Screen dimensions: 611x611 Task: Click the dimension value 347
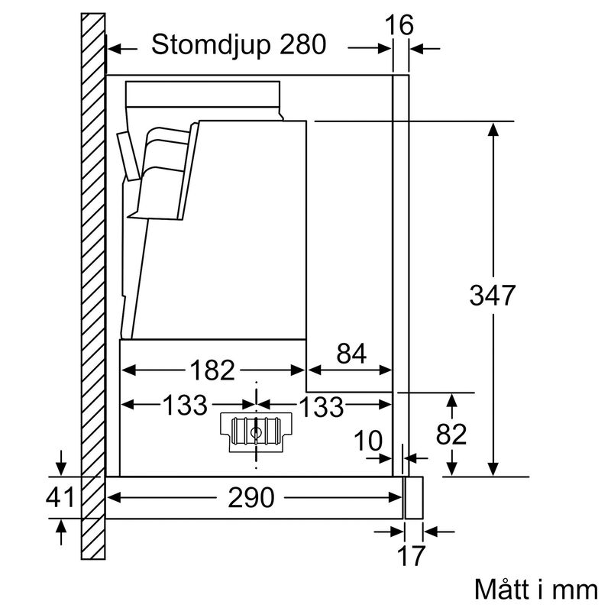(x=493, y=295)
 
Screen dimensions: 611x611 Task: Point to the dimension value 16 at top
(x=399, y=25)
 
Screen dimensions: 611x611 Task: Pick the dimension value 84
(x=350, y=354)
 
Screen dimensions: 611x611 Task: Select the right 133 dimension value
(x=321, y=406)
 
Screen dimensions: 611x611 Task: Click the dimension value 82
(x=451, y=435)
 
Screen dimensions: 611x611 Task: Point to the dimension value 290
(x=251, y=499)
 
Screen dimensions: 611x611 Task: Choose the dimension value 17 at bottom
(x=412, y=556)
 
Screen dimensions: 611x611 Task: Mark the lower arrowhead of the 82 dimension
(x=453, y=467)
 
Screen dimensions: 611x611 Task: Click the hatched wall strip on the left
(x=92, y=290)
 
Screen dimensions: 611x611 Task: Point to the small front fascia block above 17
(x=413, y=496)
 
